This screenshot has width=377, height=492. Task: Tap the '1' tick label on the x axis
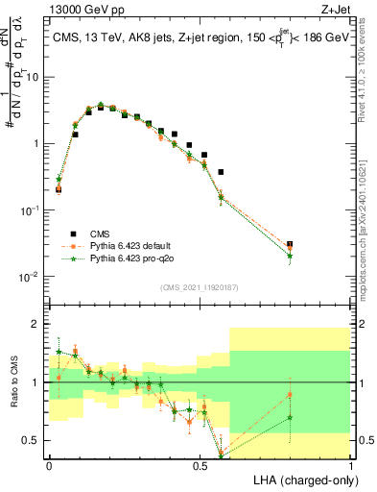pyautogui.click(x=351, y=466)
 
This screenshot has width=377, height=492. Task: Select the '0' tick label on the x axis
pyautogui.click(x=49, y=466)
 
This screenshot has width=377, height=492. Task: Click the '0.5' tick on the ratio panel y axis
pyautogui.click(x=35, y=440)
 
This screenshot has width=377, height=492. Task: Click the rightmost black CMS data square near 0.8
pyautogui.click(x=290, y=245)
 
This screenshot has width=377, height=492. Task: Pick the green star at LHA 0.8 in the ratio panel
pyautogui.click(x=290, y=417)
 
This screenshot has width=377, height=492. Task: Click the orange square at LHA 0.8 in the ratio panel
pyautogui.click(x=290, y=395)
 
